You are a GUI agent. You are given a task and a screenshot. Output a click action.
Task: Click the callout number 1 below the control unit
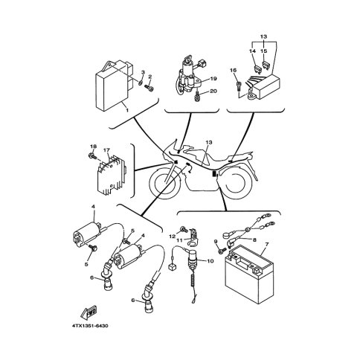click(127, 110)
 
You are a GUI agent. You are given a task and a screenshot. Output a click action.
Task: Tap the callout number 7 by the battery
click(267, 244)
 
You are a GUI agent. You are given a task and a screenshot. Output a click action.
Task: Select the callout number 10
click(210, 261)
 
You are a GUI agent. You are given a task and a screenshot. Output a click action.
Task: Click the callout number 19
click(213, 79)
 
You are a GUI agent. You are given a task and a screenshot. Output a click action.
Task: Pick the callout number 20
click(213, 91)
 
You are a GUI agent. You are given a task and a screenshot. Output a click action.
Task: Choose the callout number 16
click(234, 70)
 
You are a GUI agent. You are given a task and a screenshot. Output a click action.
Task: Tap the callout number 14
click(252, 51)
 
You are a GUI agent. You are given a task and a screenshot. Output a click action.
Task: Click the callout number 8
click(254, 240)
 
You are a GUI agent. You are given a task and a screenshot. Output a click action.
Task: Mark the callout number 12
click(172, 237)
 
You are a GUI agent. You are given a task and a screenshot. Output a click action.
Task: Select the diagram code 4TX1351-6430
click(90, 326)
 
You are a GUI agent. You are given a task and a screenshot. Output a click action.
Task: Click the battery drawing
click(248, 274)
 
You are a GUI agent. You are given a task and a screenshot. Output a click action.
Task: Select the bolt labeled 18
click(92, 156)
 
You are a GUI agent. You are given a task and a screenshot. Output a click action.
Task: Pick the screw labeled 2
click(149, 88)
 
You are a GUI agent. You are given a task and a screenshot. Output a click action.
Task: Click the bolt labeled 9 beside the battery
click(222, 251)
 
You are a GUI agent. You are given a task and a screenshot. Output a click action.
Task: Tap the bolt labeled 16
click(240, 86)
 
